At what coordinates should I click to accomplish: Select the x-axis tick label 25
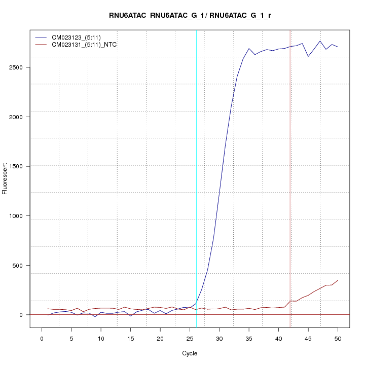click(190, 338)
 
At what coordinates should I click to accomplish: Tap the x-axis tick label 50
click(338, 338)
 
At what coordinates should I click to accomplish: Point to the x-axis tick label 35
click(249, 338)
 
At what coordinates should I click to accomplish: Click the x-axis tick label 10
click(101, 338)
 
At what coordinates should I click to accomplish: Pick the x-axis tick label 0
click(42, 338)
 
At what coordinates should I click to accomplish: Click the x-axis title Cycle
click(190, 353)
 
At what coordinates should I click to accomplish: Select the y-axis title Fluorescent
click(6, 178)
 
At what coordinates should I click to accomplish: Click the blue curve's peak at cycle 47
click(320, 41)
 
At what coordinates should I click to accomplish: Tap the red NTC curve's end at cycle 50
click(338, 280)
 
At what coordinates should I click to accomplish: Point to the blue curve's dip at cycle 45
click(308, 56)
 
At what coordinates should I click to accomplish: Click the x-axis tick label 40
click(278, 338)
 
